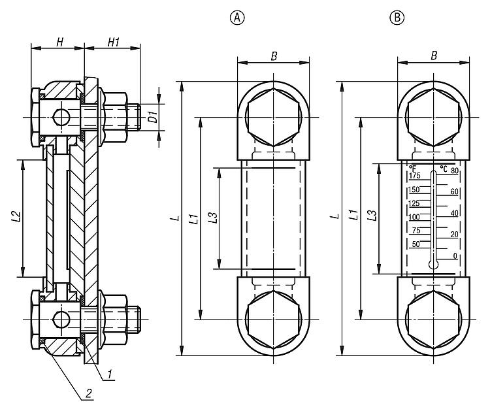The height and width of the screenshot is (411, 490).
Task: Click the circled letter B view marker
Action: (397, 18)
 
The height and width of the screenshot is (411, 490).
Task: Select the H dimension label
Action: (59, 42)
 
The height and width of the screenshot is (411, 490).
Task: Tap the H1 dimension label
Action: (112, 42)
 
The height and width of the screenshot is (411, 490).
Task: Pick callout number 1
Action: (111, 374)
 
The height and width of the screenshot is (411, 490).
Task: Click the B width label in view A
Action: (274, 57)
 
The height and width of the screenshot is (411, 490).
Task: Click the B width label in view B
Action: (434, 57)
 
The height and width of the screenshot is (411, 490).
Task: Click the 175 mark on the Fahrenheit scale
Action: (414, 176)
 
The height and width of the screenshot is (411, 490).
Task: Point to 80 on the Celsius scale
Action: (455, 171)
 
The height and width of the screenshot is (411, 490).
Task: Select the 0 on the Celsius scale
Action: (455, 255)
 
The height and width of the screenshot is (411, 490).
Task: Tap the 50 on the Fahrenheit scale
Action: (416, 244)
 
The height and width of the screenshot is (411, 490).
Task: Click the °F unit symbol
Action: (413, 168)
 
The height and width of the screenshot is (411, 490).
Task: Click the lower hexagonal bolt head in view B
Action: (434, 320)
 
